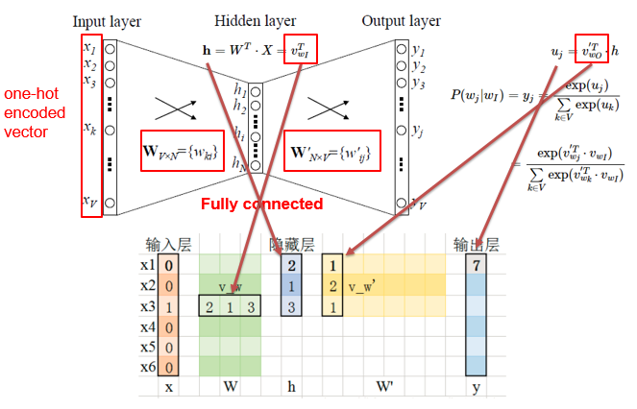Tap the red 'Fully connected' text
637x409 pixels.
(261, 204)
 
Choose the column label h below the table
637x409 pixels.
(292, 388)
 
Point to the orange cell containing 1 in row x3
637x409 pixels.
(169, 306)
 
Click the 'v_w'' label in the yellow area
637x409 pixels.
(364, 286)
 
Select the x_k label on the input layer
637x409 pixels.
(90, 128)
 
